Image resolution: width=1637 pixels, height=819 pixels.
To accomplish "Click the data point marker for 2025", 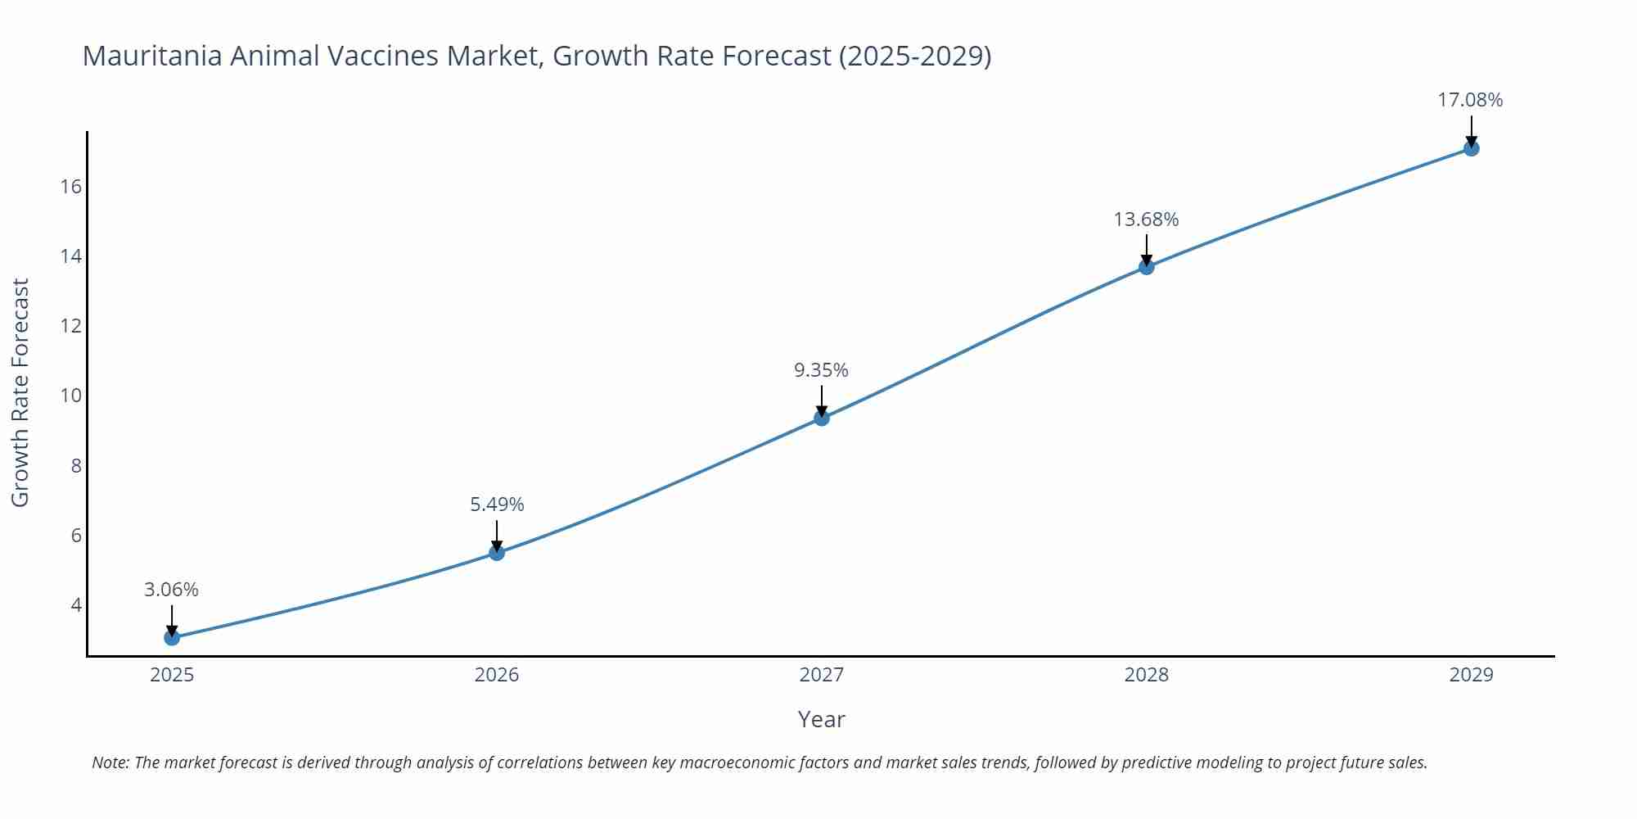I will [x=172, y=637].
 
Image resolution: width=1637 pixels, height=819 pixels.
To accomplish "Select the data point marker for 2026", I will [x=497, y=553].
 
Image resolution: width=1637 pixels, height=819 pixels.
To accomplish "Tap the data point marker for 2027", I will [x=822, y=418].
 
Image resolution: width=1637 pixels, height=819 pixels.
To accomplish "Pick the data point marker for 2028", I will [x=1147, y=266].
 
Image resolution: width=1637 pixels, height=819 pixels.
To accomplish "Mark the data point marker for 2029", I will [x=1471, y=148].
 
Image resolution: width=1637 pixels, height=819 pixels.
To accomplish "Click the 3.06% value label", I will [x=171, y=590].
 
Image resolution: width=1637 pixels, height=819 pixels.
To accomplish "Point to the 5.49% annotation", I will [x=497, y=505].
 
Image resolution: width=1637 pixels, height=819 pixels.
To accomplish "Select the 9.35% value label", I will [x=821, y=370].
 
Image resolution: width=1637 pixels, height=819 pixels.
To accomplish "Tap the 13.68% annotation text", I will [x=1146, y=219].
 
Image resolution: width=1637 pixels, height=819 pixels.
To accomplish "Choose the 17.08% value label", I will [x=1470, y=100].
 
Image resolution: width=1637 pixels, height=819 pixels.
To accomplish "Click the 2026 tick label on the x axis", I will [x=497, y=675].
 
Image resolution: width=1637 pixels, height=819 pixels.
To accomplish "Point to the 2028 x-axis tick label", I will [x=1147, y=675].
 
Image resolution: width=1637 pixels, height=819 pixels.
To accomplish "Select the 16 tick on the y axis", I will [x=71, y=187].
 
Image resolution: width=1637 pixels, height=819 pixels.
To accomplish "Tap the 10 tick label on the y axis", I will [x=71, y=396].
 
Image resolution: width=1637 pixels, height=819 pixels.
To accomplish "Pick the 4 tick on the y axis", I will [x=76, y=605].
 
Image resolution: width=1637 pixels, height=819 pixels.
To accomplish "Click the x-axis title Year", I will [x=821, y=719].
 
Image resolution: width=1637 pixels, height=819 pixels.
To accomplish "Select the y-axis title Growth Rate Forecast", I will [x=20, y=392].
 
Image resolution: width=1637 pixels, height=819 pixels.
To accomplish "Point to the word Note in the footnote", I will [x=110, y=762].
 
